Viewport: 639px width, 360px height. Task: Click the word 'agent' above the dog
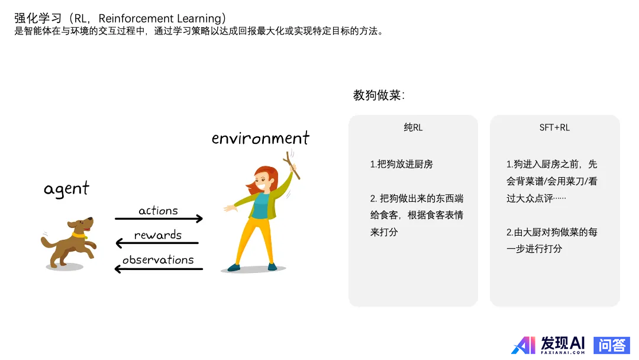click(66, 189)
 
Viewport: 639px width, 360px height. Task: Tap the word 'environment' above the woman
click(260, 138)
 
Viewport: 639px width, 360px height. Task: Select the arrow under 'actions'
click(159, 218)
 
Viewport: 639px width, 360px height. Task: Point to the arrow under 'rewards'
click(157, 243)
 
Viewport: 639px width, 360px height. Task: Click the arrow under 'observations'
click(159, 269)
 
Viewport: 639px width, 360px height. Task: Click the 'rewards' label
click(158, 235)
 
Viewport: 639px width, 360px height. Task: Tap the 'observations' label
click(158, 260)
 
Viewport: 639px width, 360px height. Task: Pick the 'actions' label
click(158, 211)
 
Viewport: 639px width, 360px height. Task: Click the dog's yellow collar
click(79, 235)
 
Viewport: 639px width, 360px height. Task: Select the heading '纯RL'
click(413, 128)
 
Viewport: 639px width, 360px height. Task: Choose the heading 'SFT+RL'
click(554, 128)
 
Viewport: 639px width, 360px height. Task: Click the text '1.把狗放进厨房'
click(401, 164)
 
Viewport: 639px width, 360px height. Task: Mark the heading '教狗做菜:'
click(379, 95)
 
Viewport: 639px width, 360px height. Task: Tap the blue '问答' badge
click(611, 345)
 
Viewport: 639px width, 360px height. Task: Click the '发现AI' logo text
click(563, 343)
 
